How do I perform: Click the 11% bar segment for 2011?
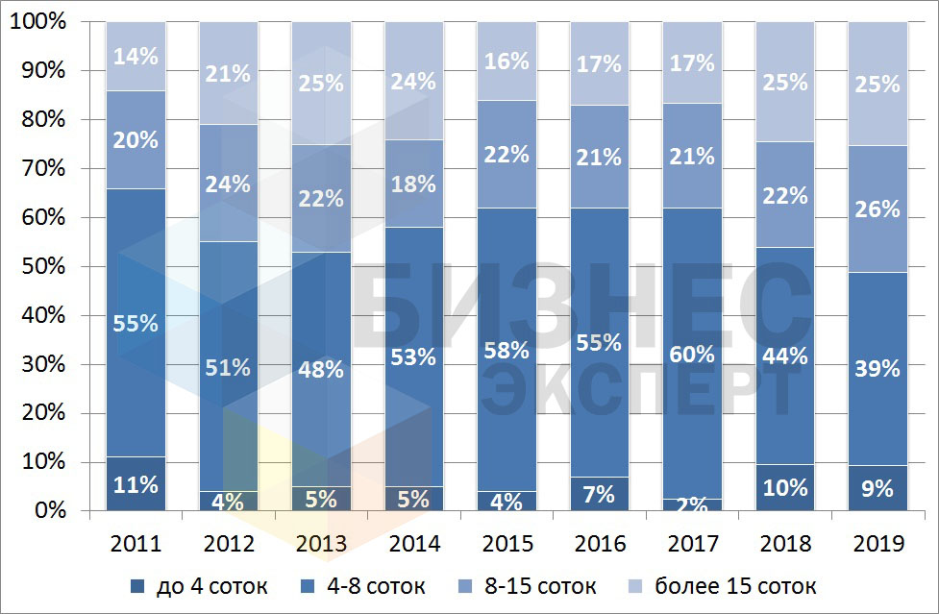136,484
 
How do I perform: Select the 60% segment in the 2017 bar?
693,354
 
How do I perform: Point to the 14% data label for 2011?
136,56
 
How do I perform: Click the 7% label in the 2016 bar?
600,495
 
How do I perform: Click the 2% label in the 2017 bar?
693,504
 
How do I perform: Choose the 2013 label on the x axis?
321,544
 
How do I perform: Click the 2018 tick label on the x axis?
785,544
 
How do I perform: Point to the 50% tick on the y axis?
38,266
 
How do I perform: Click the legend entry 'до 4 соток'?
209,585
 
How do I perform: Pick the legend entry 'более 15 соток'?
735,585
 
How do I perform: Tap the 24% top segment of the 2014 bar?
414,81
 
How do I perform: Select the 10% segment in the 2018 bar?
785,487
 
